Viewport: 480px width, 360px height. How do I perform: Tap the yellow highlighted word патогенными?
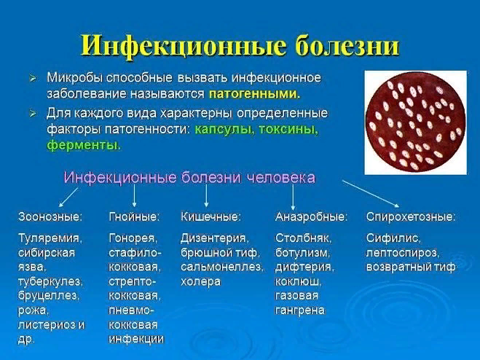point(254,94)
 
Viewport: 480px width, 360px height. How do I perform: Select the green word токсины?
point(288,129)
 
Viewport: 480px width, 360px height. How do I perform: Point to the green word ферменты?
point(84,145)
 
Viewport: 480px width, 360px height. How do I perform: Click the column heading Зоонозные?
point(50,217)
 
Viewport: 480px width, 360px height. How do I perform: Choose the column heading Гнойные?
point(134,217)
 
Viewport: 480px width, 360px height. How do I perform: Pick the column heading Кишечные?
point(211,217)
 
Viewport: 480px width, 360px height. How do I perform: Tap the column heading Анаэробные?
point(311,217)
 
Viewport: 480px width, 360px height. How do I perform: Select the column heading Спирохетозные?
point(411,217)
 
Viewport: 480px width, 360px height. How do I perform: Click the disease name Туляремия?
point(50,238)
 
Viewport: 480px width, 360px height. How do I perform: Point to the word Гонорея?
point(133,238)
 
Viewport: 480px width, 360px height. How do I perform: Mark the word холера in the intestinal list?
point(200,282)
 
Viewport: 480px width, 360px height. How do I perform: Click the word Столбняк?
point(303,238)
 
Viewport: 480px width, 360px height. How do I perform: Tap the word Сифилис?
point(393,238)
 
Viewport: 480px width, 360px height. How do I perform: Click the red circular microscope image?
point(415,122)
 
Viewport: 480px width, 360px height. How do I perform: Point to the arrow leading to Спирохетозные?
point(371,194)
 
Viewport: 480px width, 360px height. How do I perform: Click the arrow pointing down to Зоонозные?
point(68,197)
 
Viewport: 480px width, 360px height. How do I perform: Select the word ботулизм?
point(302,253)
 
